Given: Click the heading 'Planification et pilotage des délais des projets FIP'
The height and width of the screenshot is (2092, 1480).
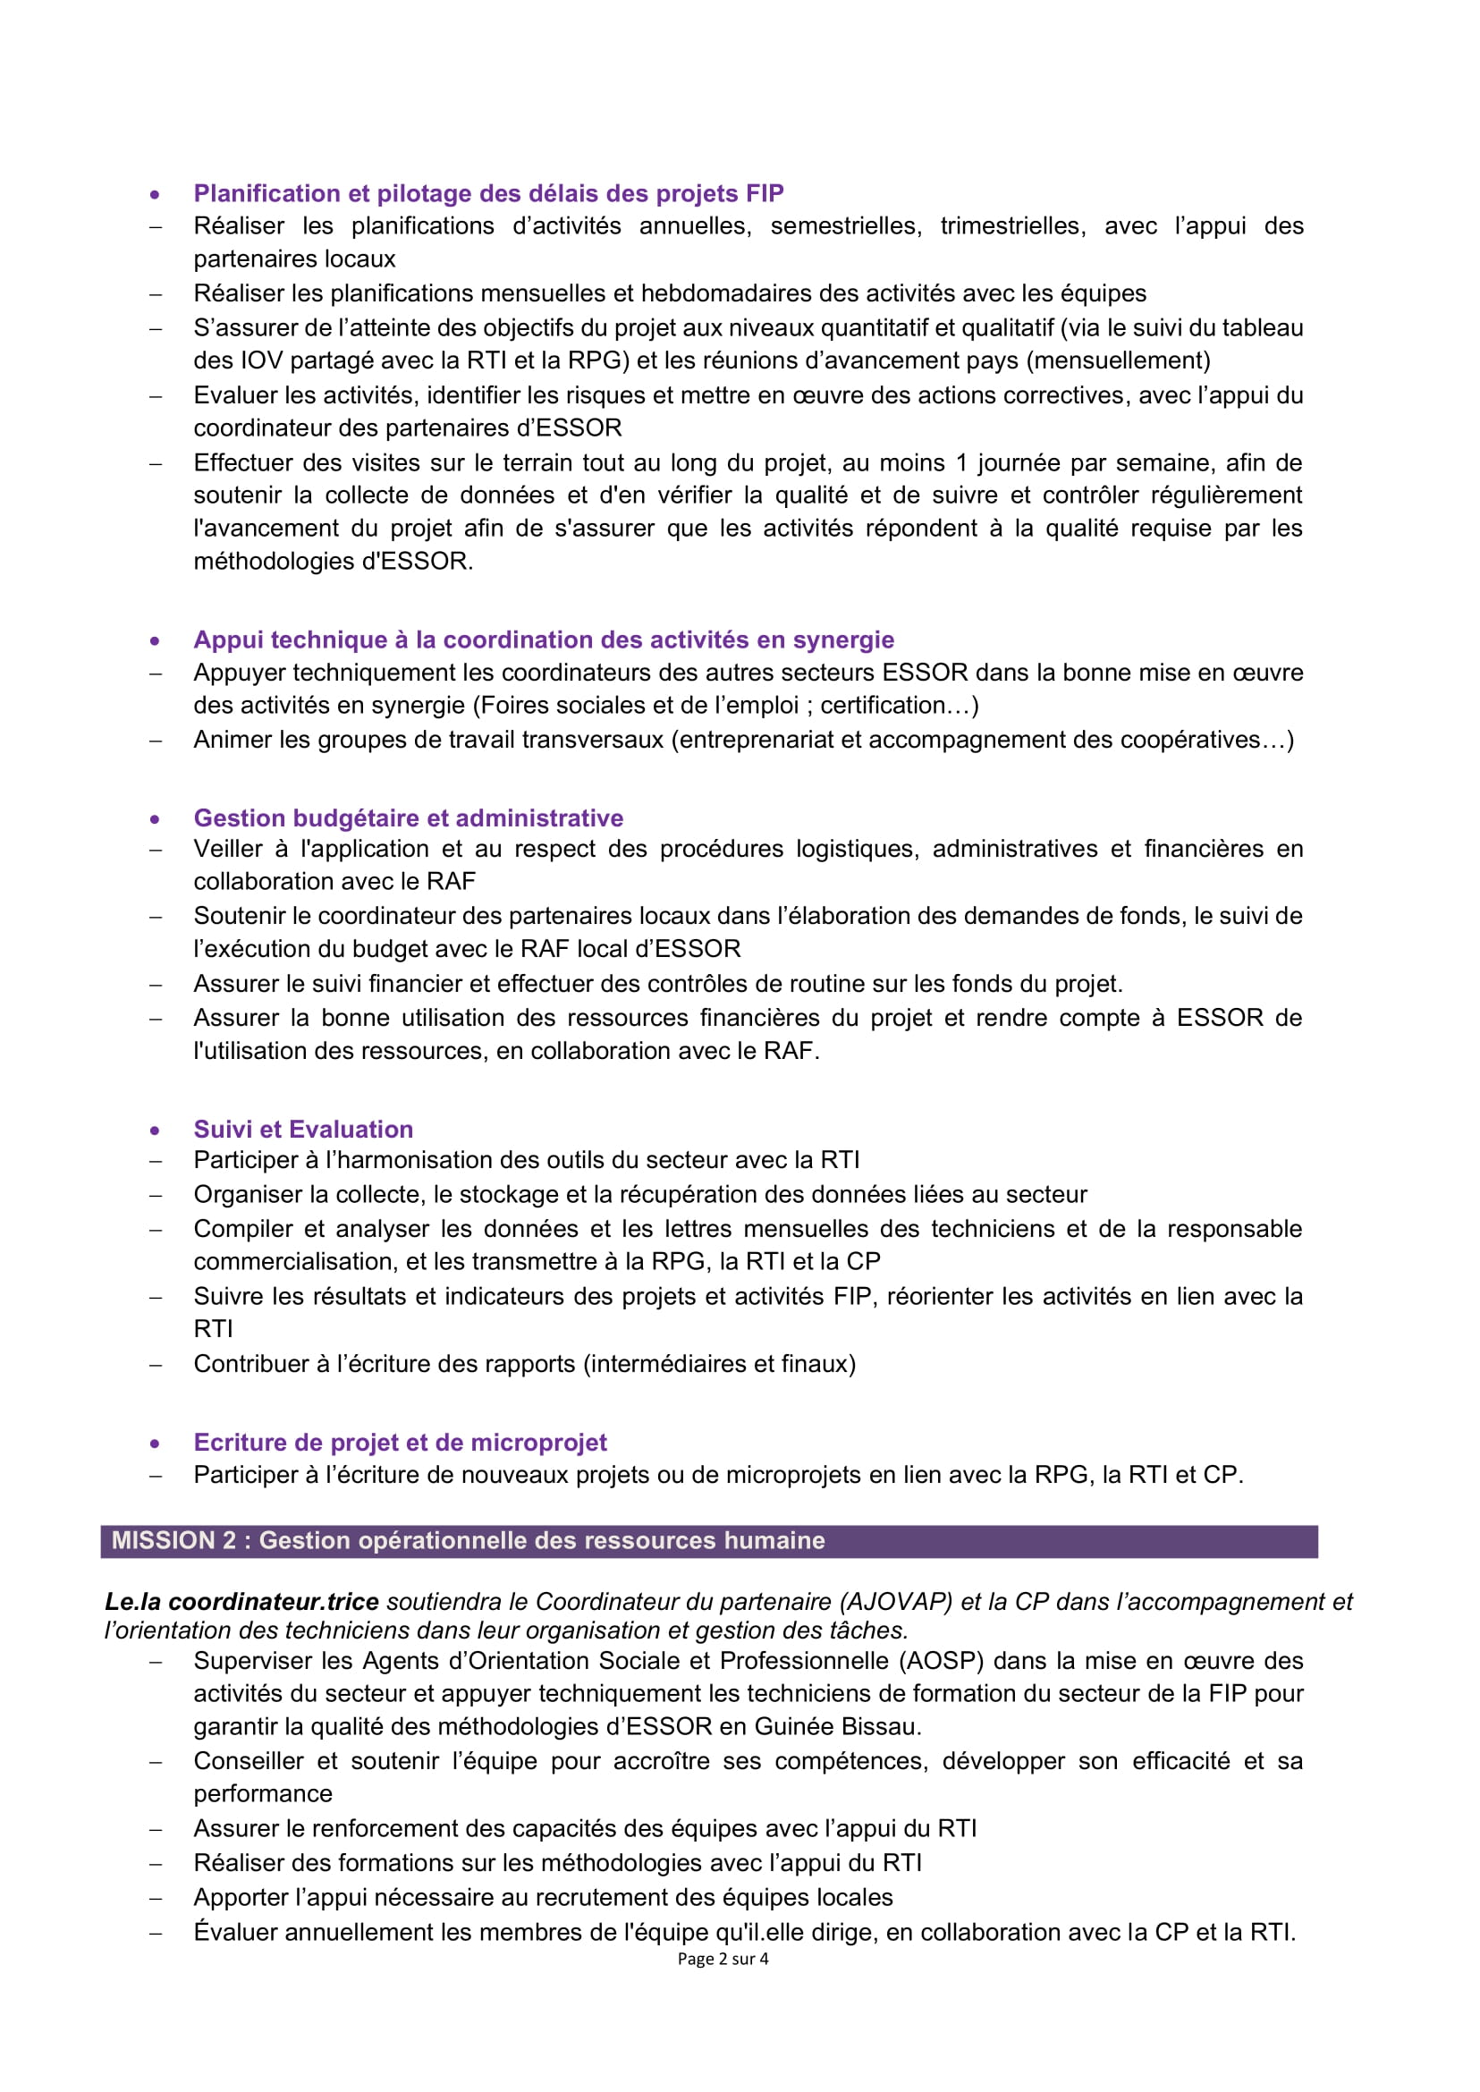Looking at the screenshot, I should (x=488, y=193).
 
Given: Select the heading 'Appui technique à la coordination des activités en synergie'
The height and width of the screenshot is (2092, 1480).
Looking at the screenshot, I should (x=543, y=639).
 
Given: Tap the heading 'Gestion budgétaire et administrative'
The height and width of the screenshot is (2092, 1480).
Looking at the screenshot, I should (x=409, y=817).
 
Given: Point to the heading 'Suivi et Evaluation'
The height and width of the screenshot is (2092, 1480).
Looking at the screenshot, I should (x=303, y=1130).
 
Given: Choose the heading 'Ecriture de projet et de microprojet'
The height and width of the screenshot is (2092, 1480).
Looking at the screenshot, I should (x=400, y=1442).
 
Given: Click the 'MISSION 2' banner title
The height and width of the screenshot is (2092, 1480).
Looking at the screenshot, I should (x=468, y=1540).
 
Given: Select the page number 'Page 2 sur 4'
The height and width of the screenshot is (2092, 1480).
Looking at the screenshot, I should (x=723, y=1959).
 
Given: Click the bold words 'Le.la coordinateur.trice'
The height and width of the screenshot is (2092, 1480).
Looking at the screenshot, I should (x=241, y=1602).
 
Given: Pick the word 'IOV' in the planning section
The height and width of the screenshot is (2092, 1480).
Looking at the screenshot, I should (x=262, y=361).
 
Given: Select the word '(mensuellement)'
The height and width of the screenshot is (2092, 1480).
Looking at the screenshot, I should (x=1118, y=361).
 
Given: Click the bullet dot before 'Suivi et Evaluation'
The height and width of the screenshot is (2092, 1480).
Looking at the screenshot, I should (x=155, y=1131).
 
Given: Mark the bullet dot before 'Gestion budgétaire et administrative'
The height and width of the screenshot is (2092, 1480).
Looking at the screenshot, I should (x=155, y=818).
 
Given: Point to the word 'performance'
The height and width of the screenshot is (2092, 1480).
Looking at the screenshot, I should (x=262, y=1794).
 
